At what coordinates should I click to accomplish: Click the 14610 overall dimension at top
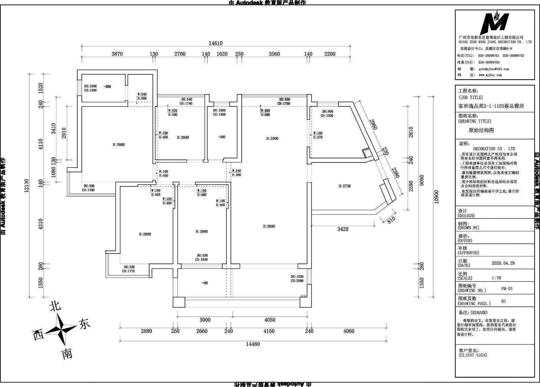(215, 43)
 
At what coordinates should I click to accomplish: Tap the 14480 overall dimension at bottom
(253, 344)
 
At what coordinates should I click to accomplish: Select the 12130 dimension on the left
(27, 185)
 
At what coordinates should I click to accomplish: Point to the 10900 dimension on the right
(436, 197)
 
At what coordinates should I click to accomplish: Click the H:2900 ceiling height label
(272, 138)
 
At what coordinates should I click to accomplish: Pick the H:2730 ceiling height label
(345, 186)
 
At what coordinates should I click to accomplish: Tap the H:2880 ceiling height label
(269, 226)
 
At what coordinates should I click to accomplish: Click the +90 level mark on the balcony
(205, 283)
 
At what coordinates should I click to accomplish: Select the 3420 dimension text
(343, 229)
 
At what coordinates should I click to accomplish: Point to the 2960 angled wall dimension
(373, 124)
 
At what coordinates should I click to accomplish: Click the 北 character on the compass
(55, 306)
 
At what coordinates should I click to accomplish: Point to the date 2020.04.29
(503, 263)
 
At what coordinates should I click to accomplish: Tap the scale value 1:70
(496, 278)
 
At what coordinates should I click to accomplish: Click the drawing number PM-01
(507, 289)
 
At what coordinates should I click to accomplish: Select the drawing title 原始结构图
(481, 130)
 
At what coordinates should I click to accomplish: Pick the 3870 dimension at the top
(117, 54)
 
